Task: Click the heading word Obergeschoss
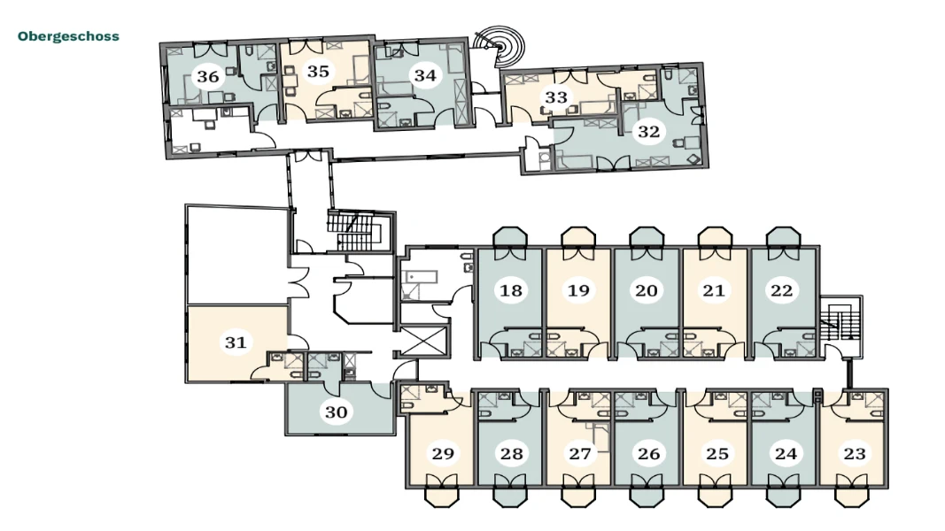click(68, 36)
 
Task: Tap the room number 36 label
click(208, 76)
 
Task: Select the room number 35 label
click(318, 72)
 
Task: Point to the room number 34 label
click(425, 75)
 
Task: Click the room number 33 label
click(556, 97)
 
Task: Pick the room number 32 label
click(648, 131)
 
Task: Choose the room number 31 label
click(236, 342)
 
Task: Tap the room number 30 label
click(337, 412)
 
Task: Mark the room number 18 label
click(510, 291)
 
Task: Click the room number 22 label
click(782, 291)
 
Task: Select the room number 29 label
click(443, 453)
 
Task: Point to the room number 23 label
click(855, 453)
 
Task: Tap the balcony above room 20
click(647, 236)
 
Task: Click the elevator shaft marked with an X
click(425, 341)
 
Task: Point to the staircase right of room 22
click(841, 326)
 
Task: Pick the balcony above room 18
click(510, 236)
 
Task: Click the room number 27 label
click(580, 453)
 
